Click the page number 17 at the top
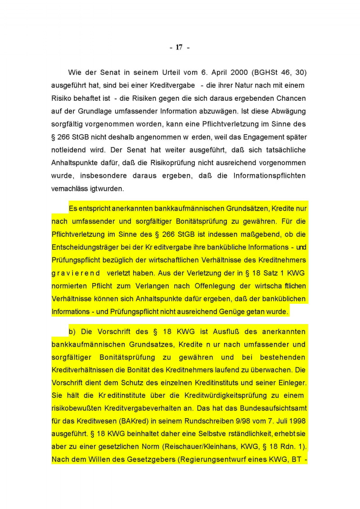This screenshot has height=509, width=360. tap(179, 47)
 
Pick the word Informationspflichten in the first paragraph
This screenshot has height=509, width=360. tap(270, 176)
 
